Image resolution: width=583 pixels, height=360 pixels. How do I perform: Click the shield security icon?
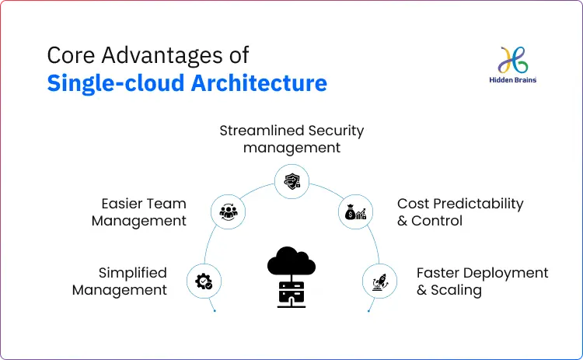pos(291,182)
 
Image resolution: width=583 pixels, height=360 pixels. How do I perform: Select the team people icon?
pos(228,211)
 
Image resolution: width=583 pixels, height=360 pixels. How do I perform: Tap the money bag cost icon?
pos(356,211)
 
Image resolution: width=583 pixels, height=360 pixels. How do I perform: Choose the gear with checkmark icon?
pos(204,281)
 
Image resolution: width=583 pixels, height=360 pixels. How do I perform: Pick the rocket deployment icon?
pos(380,281)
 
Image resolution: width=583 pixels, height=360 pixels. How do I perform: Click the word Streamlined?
pos(261,131)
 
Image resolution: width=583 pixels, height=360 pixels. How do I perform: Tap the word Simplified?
pos(132,273)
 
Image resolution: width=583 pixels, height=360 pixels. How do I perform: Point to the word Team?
pos(166,204)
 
